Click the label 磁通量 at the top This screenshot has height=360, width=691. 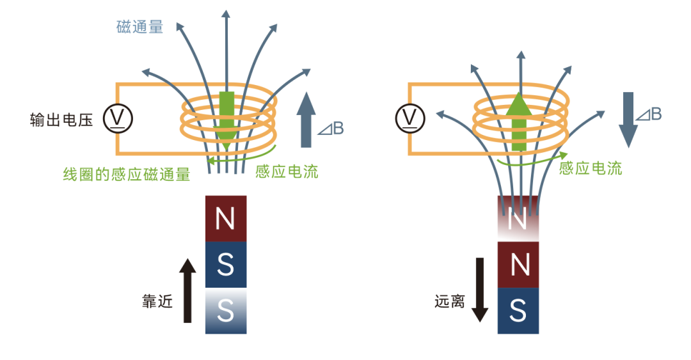click(x=140, y=27)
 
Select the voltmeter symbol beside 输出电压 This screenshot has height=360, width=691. click(x=118, y=118)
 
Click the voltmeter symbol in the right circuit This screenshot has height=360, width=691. click(x=410, y=118)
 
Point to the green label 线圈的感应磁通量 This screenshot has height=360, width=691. click(x=126, y=174)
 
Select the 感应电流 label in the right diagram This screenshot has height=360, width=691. click(x=590, y=169)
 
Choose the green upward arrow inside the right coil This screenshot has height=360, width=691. click(x=520, y=121)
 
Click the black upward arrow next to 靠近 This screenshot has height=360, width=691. click(x=186, y=291)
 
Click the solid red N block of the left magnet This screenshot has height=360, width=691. click(x=225, y=219)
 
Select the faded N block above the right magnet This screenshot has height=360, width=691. click(x=518, y=219)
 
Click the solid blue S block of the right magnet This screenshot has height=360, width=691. click(x=518, y=311)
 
